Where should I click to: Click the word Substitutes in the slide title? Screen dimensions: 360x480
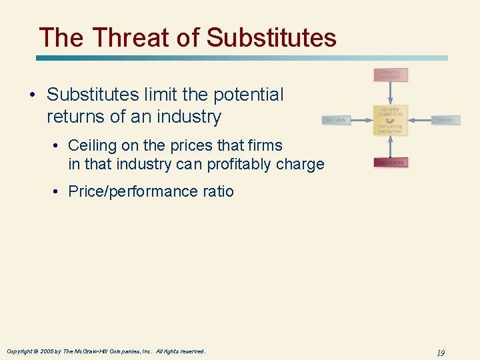click(271, 38)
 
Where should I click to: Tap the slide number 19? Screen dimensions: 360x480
click(441, 351)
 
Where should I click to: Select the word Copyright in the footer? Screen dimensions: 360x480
click(21, 351)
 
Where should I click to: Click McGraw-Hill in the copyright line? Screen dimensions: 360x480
click(87, 351)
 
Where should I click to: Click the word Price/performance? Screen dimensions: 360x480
click(132, 191)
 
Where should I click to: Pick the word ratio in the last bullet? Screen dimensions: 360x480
click(217, 191)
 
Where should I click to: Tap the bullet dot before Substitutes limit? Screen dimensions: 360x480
click(32, 95)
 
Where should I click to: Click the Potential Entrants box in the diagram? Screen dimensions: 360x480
click(391, 75)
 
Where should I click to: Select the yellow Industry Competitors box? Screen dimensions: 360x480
click(391, 120)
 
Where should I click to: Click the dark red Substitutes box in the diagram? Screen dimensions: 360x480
click(391, 162)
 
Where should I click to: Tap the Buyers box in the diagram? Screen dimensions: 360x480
click(445, 120)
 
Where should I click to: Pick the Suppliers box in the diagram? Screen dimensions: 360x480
click(337, 120)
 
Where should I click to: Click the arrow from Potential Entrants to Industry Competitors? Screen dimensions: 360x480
click(391, 93)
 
